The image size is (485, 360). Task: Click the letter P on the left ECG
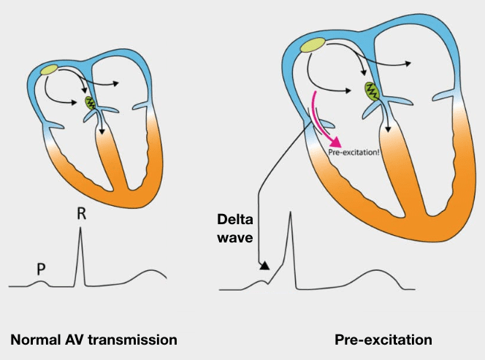(x=42, y=270)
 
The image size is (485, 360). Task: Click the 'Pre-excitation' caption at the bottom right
(x=383, y=340)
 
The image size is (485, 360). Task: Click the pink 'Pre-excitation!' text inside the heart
(x=357, y=152)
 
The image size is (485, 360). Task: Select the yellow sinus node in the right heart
(x=313, y=45)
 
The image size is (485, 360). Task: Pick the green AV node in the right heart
(x=373, y=91)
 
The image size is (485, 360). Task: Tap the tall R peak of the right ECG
(x=291, y=213)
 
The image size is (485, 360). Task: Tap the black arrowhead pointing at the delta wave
(x=263, y=266)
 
